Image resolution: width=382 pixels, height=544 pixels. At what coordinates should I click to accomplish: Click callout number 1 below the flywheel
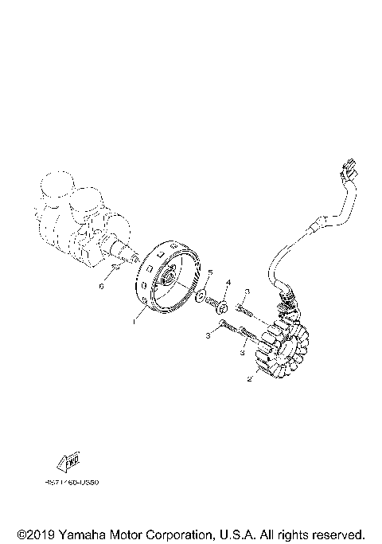coord(135,322)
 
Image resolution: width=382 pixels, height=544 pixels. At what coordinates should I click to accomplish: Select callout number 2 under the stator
coord(250,380)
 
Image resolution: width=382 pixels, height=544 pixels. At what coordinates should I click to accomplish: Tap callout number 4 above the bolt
coord(227,283)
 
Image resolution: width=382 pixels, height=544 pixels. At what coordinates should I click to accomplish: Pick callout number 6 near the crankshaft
coord(102,285)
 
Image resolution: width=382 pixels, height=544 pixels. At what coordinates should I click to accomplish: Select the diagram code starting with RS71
coord(68,482)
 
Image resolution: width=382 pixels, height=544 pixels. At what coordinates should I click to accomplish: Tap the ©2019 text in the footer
coord(34,533)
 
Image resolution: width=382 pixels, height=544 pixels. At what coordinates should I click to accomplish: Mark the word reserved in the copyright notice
coord(337,533)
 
